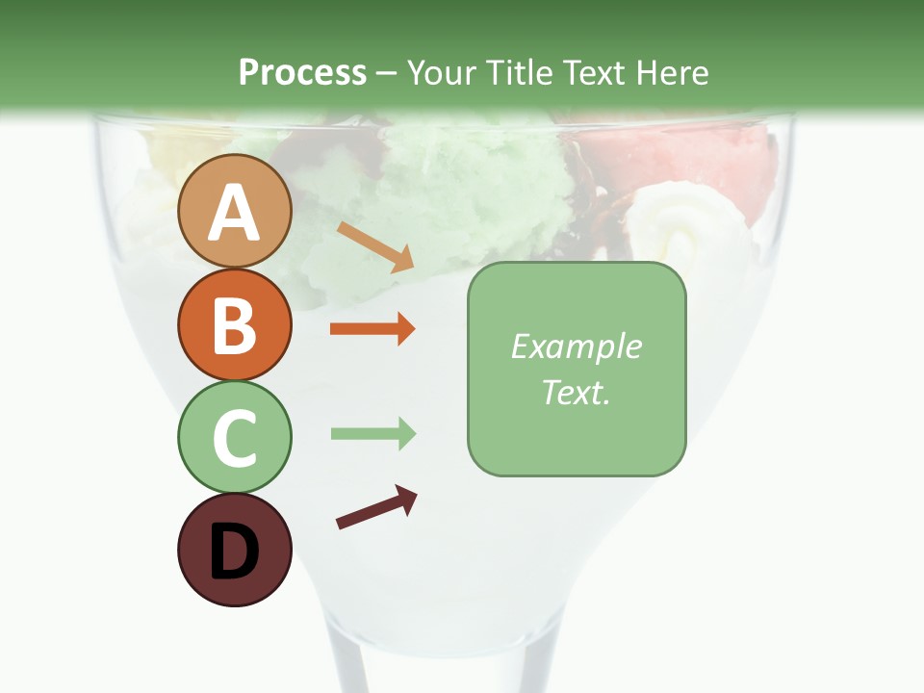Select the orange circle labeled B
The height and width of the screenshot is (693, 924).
pyautogui.click(x=234, y=324)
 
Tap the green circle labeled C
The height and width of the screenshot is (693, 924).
pyautogui.click(x=234, y=437)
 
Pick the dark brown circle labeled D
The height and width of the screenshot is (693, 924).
pyautogui.click(x=234, y=550)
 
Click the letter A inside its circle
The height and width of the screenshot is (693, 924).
pyautogui.click(x=234, y=213)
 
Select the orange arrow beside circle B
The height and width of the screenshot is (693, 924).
pyautogui.click(x=372, y=329)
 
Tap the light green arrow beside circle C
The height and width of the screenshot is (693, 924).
pyautogui.click(x=372, y=434)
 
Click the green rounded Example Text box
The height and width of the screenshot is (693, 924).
pyautogui.click(x=577, y=369)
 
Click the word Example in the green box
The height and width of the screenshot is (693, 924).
pyautogui.click(x=576, y=346)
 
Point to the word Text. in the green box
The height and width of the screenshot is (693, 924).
pyautogui.click(x=576, y=392)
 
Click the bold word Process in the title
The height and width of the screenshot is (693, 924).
pyautogui.click(x=302, y=73)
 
